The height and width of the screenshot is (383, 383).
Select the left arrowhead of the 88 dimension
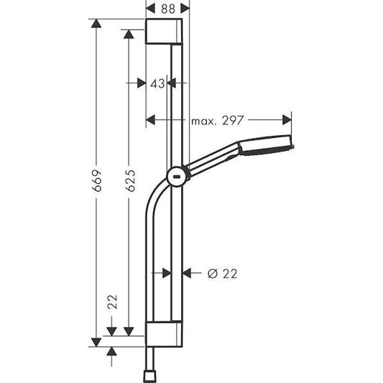coord(149,8)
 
